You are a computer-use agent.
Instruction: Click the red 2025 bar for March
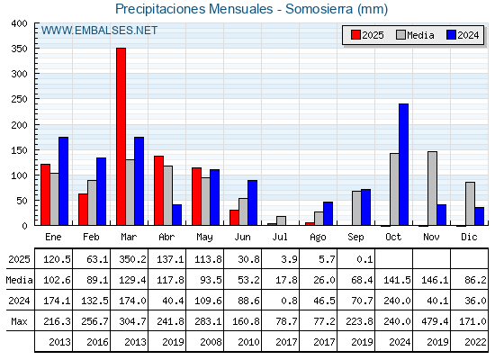tap(121, 137)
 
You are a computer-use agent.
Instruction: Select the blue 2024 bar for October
tap(404, 165)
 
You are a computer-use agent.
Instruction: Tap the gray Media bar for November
tap(432, 188)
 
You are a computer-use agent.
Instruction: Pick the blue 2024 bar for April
tap(176, 215)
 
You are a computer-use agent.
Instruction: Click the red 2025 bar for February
tap(83, 209)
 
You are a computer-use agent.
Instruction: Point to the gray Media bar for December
tap(470, 203)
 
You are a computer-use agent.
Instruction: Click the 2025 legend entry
tap(367, 35)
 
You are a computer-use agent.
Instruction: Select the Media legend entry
tap(415, 35)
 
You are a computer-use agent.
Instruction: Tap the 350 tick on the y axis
tap(19, 49)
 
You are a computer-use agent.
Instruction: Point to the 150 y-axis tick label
tap(19, 150)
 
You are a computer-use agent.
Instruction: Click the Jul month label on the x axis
tap(280, 237)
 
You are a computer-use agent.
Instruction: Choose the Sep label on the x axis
tap(355, 237)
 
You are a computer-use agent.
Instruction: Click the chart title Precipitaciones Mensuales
tap(194, 9)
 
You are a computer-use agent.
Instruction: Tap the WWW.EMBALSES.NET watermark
tap(99, 31)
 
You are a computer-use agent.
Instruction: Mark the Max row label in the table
tap(19, 321)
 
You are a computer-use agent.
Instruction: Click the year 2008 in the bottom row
tap(211, 342)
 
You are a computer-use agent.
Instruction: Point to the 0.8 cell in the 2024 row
tap(289, 301)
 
